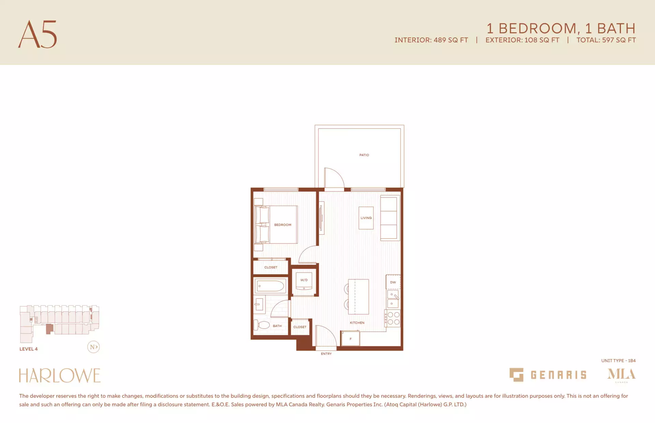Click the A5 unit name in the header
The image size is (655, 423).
tap(38, 34)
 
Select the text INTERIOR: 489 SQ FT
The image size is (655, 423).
tap(431, 40)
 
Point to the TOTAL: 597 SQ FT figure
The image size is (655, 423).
tap(606, 40)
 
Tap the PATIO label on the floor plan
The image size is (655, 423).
tap(364, 155)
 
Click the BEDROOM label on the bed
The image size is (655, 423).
tap(283, 225)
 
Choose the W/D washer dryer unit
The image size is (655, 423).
tap(304, 281)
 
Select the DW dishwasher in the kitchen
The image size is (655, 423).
tap(393, 282)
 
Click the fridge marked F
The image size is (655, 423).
tap(350, 339)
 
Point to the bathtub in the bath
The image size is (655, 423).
tap(271, 286)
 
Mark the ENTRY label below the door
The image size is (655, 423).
tap(326, 354)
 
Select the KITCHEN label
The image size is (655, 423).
tap(357, 323)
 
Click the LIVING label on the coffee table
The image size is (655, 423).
tap(366, 218)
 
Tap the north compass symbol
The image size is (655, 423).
tap(93, 347)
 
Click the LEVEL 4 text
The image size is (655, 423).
tap(29, 349)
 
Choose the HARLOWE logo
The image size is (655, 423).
tap(60, 375)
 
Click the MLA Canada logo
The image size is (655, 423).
tap(621, 375)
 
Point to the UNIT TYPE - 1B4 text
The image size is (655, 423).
tap(618, 361)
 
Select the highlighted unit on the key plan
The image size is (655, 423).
tap(49, 329)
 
